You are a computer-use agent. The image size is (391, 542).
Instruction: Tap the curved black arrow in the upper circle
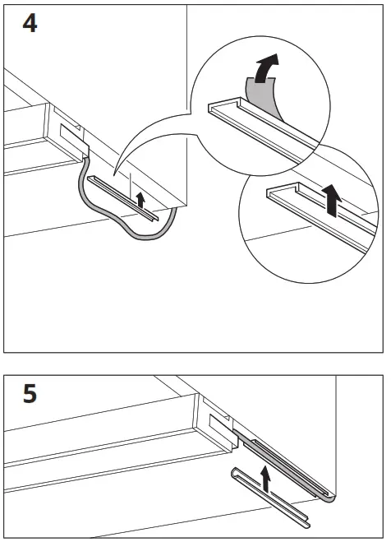point(264,69)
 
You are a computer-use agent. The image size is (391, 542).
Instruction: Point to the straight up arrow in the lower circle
point(331,200)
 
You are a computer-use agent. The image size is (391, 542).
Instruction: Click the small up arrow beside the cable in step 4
point(140,198)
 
